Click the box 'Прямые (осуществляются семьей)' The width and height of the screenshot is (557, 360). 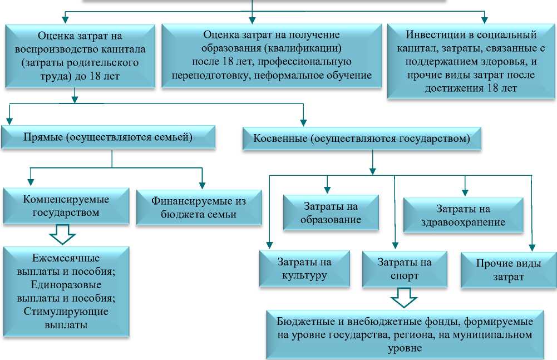108,137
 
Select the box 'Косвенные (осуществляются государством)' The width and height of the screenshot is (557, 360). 362,139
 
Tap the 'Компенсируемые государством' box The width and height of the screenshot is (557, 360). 66,205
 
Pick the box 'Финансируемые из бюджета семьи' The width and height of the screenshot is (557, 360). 199,208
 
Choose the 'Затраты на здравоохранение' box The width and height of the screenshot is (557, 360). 463,215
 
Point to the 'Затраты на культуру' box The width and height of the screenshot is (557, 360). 304,268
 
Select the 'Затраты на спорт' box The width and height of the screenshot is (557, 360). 405,268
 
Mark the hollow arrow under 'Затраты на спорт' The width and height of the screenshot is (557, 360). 404,298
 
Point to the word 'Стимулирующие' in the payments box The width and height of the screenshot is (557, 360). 66,312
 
